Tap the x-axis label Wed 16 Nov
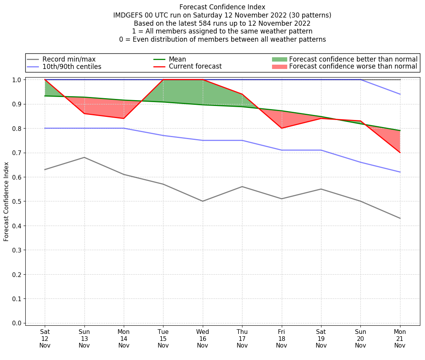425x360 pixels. coord(202,339)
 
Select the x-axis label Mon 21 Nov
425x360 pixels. coord(400,339)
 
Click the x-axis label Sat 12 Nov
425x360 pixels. coord(45,339)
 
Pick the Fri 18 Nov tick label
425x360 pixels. coord(281,339)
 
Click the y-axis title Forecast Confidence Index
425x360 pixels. coord(6,201)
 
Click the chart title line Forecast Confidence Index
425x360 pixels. coord(222,7)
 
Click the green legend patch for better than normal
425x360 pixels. coord(279,59)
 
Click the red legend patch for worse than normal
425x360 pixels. coord(279,67)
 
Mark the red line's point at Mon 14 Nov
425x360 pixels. coord(124,118)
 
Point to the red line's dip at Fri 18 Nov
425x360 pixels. coord(281,128)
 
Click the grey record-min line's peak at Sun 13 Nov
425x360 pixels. coord(84,157)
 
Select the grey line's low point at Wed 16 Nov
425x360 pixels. coord(202,201)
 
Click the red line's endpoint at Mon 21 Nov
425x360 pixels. coord(400,152)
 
